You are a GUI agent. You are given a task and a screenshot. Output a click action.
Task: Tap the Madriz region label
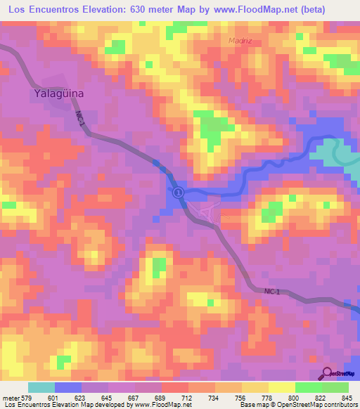(240, 40)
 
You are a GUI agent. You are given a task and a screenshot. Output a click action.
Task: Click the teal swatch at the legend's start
(41, 388)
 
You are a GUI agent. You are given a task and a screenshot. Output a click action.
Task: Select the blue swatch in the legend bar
(68, 388)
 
